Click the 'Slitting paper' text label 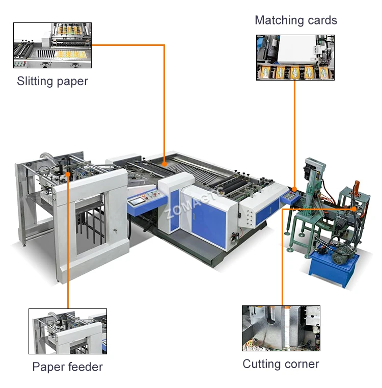(x=52, y=81)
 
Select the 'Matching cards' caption (x=295, y=20)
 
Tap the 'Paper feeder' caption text (x=67, y=367)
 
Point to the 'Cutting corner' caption (x=281, y=364)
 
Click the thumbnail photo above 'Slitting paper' (x=52, y=45)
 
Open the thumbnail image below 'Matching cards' (x=295, y=57)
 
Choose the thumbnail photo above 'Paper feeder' (x=67, y=331)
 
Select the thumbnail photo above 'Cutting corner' (x=281, y=328)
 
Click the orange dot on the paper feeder (x=68, y=174)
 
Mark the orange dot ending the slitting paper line (x=164, y=164)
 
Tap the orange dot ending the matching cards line (x=294, y=189)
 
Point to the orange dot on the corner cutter (x=354, y=209)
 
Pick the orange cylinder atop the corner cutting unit (x=356, y=183)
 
